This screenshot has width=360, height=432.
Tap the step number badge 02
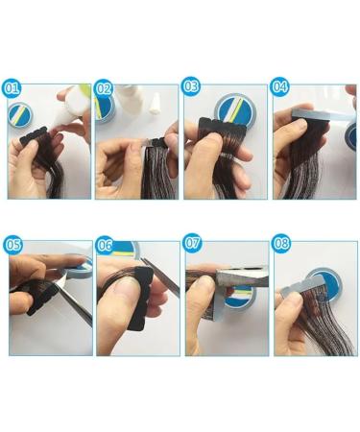coord(104,88)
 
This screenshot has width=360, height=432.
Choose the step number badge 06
coord(104,245)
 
